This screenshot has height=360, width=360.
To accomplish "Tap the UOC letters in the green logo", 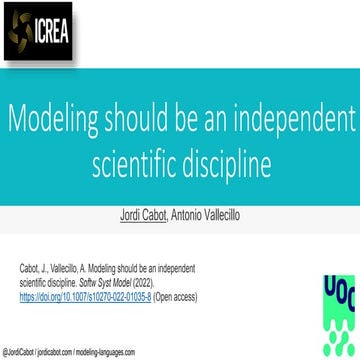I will [333, 289].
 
